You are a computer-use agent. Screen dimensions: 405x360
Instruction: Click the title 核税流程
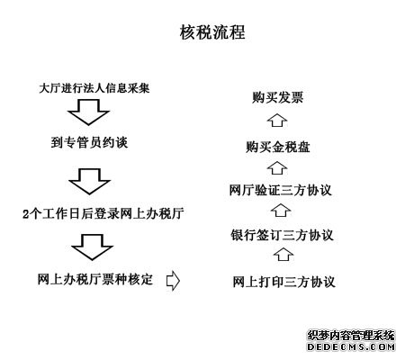tap(212, 32)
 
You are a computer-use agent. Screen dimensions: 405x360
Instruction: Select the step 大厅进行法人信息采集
tap(94, 88)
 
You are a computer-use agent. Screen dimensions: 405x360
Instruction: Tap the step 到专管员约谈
tap(89, 142)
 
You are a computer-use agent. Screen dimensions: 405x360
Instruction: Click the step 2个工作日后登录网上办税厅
tap(103, 213)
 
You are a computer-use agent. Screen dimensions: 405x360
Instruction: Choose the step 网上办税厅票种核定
tap(95, 279)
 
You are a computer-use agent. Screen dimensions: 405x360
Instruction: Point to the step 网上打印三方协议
tap(283, 282)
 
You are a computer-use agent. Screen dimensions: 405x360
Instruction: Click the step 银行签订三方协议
tap(282, 235)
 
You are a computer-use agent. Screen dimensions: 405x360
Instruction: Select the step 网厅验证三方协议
tap(281, 190)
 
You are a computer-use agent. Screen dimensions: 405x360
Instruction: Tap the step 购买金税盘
tap(277, 147)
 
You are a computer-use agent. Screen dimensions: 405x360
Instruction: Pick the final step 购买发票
tap(277, 97)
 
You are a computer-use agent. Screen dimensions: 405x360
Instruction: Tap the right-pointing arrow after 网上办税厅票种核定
tap(173, 281)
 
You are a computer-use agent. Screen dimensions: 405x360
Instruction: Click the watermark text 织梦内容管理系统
tap(351, 336)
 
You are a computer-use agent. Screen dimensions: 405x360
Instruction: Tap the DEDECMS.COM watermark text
tap(351, 347)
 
